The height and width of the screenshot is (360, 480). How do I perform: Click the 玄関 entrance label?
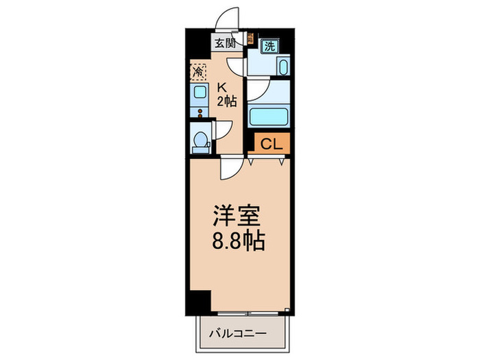tap(225, 43)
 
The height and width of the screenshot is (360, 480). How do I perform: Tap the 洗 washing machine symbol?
tap(269, 46)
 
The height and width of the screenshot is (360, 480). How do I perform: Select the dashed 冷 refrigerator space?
tap(198, 72)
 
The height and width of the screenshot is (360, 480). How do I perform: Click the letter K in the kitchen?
tap(222, 88)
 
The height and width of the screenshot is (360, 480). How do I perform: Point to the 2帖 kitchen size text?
tap(227, 101)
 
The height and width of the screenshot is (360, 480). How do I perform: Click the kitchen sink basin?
tap(200, 91)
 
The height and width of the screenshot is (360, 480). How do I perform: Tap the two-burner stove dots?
tap(200, 113)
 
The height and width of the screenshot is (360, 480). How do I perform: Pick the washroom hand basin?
tap(283, 67)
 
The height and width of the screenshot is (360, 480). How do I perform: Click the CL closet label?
tap(272, 143)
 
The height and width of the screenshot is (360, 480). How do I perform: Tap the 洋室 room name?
tap(237, 216)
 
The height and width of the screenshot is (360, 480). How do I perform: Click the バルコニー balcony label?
tap(237, 333)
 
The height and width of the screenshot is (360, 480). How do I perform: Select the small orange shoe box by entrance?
tap(250, 38)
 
